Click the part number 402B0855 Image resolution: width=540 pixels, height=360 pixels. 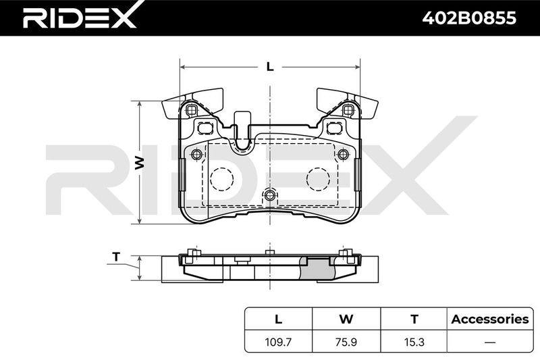(469, 18)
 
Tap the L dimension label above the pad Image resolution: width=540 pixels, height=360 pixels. (271, 66)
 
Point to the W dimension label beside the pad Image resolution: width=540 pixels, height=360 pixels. (139, 162)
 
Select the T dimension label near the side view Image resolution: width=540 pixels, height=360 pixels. (117, 257)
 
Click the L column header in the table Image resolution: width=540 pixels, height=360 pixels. (278, 319)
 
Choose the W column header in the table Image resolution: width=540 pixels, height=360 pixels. (346, 319)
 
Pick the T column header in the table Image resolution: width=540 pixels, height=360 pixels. (414, 319)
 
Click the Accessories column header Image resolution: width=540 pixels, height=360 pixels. (490, 319)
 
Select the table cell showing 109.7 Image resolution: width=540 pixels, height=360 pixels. (278, 342)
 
